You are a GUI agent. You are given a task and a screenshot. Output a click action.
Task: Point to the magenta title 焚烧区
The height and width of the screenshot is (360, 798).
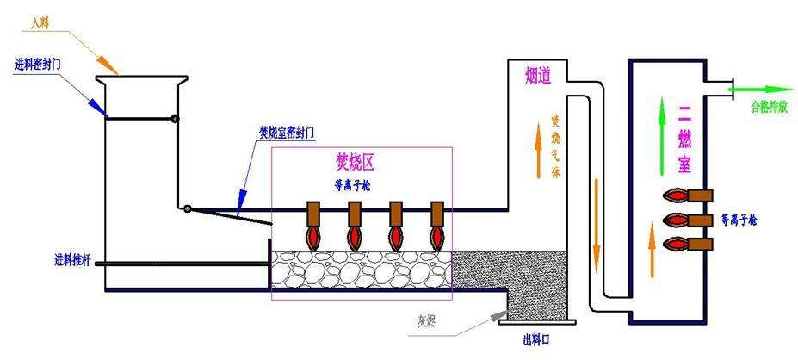356,161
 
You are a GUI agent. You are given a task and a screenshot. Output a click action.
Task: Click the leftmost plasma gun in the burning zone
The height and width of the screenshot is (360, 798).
313,223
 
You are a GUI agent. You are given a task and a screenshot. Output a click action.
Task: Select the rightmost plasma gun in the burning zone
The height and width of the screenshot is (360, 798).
436,223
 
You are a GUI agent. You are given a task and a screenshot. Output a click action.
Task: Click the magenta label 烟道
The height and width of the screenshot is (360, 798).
539,76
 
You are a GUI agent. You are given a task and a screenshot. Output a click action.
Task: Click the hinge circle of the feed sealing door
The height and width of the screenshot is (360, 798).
175,119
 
